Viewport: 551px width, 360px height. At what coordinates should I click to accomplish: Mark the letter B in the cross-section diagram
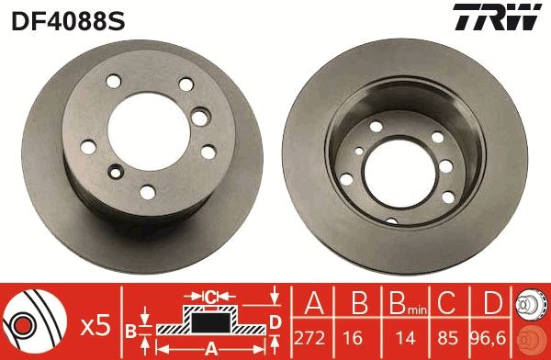(x=131, y=329)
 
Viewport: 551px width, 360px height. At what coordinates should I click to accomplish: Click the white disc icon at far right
(x=530, y=303)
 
